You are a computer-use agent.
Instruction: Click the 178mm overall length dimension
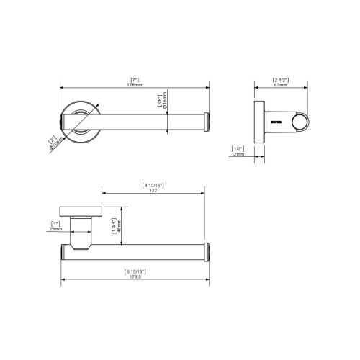pos(135,84)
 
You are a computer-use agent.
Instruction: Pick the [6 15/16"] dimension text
pos(135,271)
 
